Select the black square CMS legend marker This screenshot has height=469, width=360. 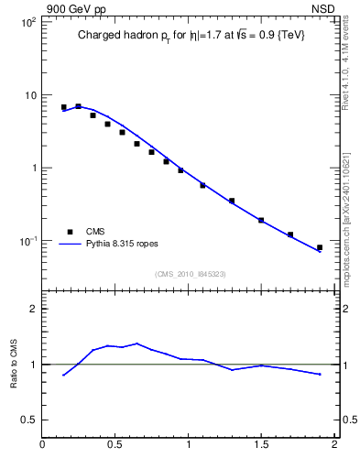click(68, 232)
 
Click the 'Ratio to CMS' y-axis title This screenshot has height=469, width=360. click(14, 364)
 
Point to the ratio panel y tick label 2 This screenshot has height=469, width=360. click(33, 309)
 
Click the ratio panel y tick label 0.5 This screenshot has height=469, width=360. click(29, 420)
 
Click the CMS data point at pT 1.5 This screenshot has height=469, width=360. click(261, 220)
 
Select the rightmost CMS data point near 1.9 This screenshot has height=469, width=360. click(320, 247)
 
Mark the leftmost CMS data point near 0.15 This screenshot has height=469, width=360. click(64, 107)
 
